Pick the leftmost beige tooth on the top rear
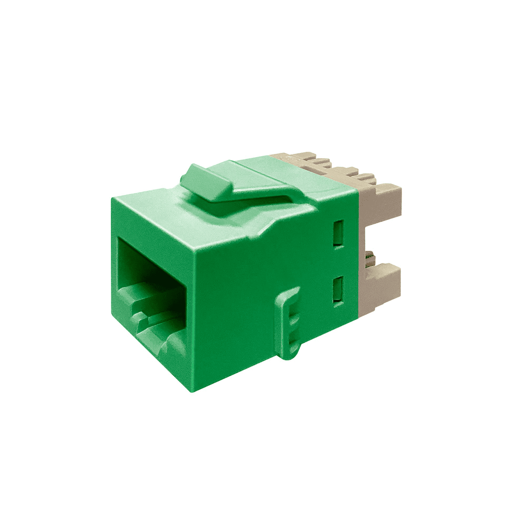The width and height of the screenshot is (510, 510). click(x=297, y=159)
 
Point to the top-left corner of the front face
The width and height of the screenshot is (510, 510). click(x=112, y=198)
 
